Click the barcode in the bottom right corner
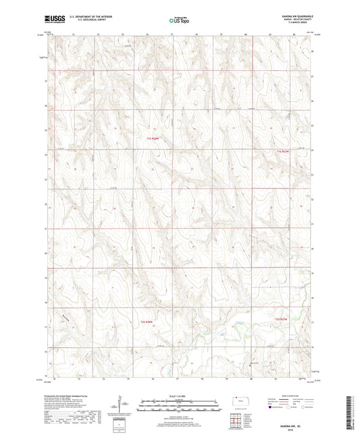[351, 411]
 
